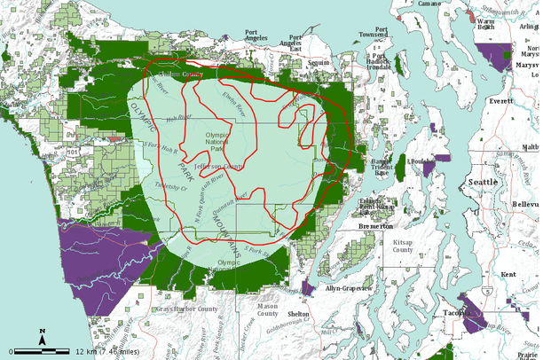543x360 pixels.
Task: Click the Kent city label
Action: pyautogui.click(x=508, y=274)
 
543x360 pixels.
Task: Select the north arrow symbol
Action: pyautogui.click(x=43, y=336)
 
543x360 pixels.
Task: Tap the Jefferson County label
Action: pyautogui.click(x=222, y=166)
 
